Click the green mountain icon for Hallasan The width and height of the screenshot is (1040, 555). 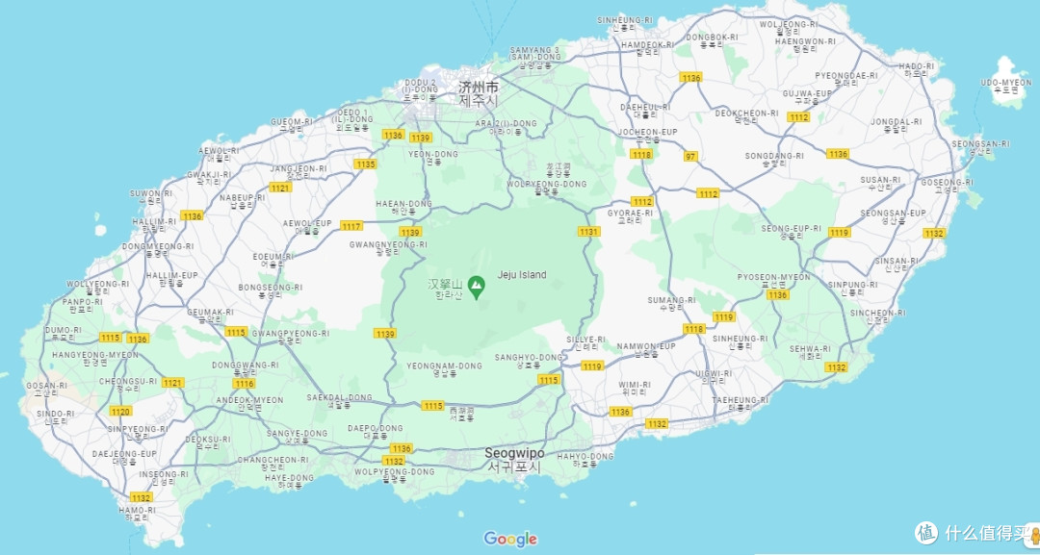coord(476,286)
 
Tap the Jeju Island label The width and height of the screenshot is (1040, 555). coord(521,275)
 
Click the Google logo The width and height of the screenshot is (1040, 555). coord(510,539)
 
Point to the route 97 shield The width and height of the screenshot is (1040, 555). coord(690,156)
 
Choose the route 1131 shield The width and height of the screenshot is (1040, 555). coord(589,232)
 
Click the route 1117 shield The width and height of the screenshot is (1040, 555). coord(351,226)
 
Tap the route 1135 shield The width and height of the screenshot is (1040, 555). coord(365,164)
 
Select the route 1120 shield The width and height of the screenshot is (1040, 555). coord(120,412)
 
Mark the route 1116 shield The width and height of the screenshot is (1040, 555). coord(245,384)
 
